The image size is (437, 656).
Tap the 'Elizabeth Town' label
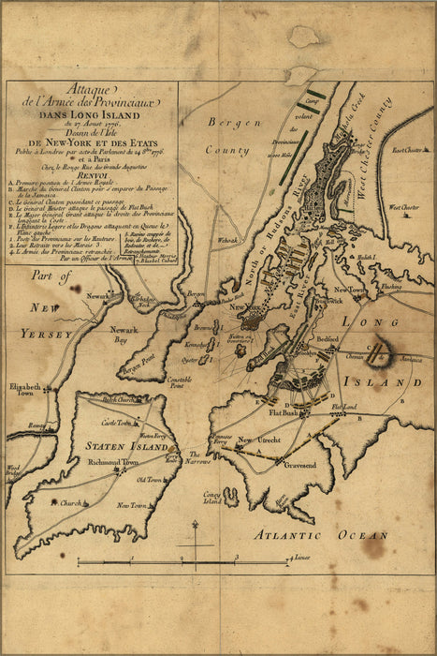(26, 390)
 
